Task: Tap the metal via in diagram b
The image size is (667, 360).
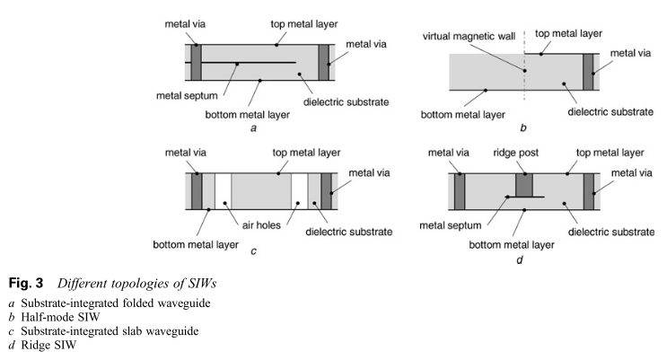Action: pyautogui.click(x=589, y=71)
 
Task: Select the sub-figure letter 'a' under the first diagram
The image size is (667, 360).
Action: pyautogui.click(x=254, y=127)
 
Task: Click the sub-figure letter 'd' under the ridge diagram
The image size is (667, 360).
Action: pyautogui.click(x=520, y=260)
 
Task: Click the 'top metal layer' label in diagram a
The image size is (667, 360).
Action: pyautogui.click(x=291, y=23)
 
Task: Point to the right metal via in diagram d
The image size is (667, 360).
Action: pyautogui.click(x=589, y=190)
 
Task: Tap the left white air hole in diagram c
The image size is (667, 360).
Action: pyautogui.click(x=222, y=191)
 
